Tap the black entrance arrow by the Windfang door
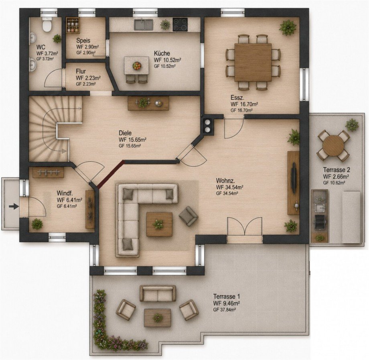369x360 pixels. coord(14,207)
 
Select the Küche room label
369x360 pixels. coord(162,53)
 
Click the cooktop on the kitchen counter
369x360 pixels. coord(180,24)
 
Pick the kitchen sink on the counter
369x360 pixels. coord(143,25)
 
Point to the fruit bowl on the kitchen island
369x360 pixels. coord(137,66)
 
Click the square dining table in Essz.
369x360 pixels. coord(253,62)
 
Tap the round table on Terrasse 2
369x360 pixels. coord(333,146)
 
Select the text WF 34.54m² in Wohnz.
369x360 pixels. coord(229,187)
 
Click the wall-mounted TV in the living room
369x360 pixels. coord(294,178)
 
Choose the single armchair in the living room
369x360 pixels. coord(188,216)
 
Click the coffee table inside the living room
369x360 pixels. coord(159,224)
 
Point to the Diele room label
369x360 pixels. coord(125,133)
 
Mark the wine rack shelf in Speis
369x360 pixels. coord(73,25)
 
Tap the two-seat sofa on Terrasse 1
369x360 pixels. coord(158,293)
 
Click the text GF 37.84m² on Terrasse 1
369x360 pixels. coord(225,310)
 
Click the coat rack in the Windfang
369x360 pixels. coord(48,173)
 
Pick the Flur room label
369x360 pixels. coord(81,71)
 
